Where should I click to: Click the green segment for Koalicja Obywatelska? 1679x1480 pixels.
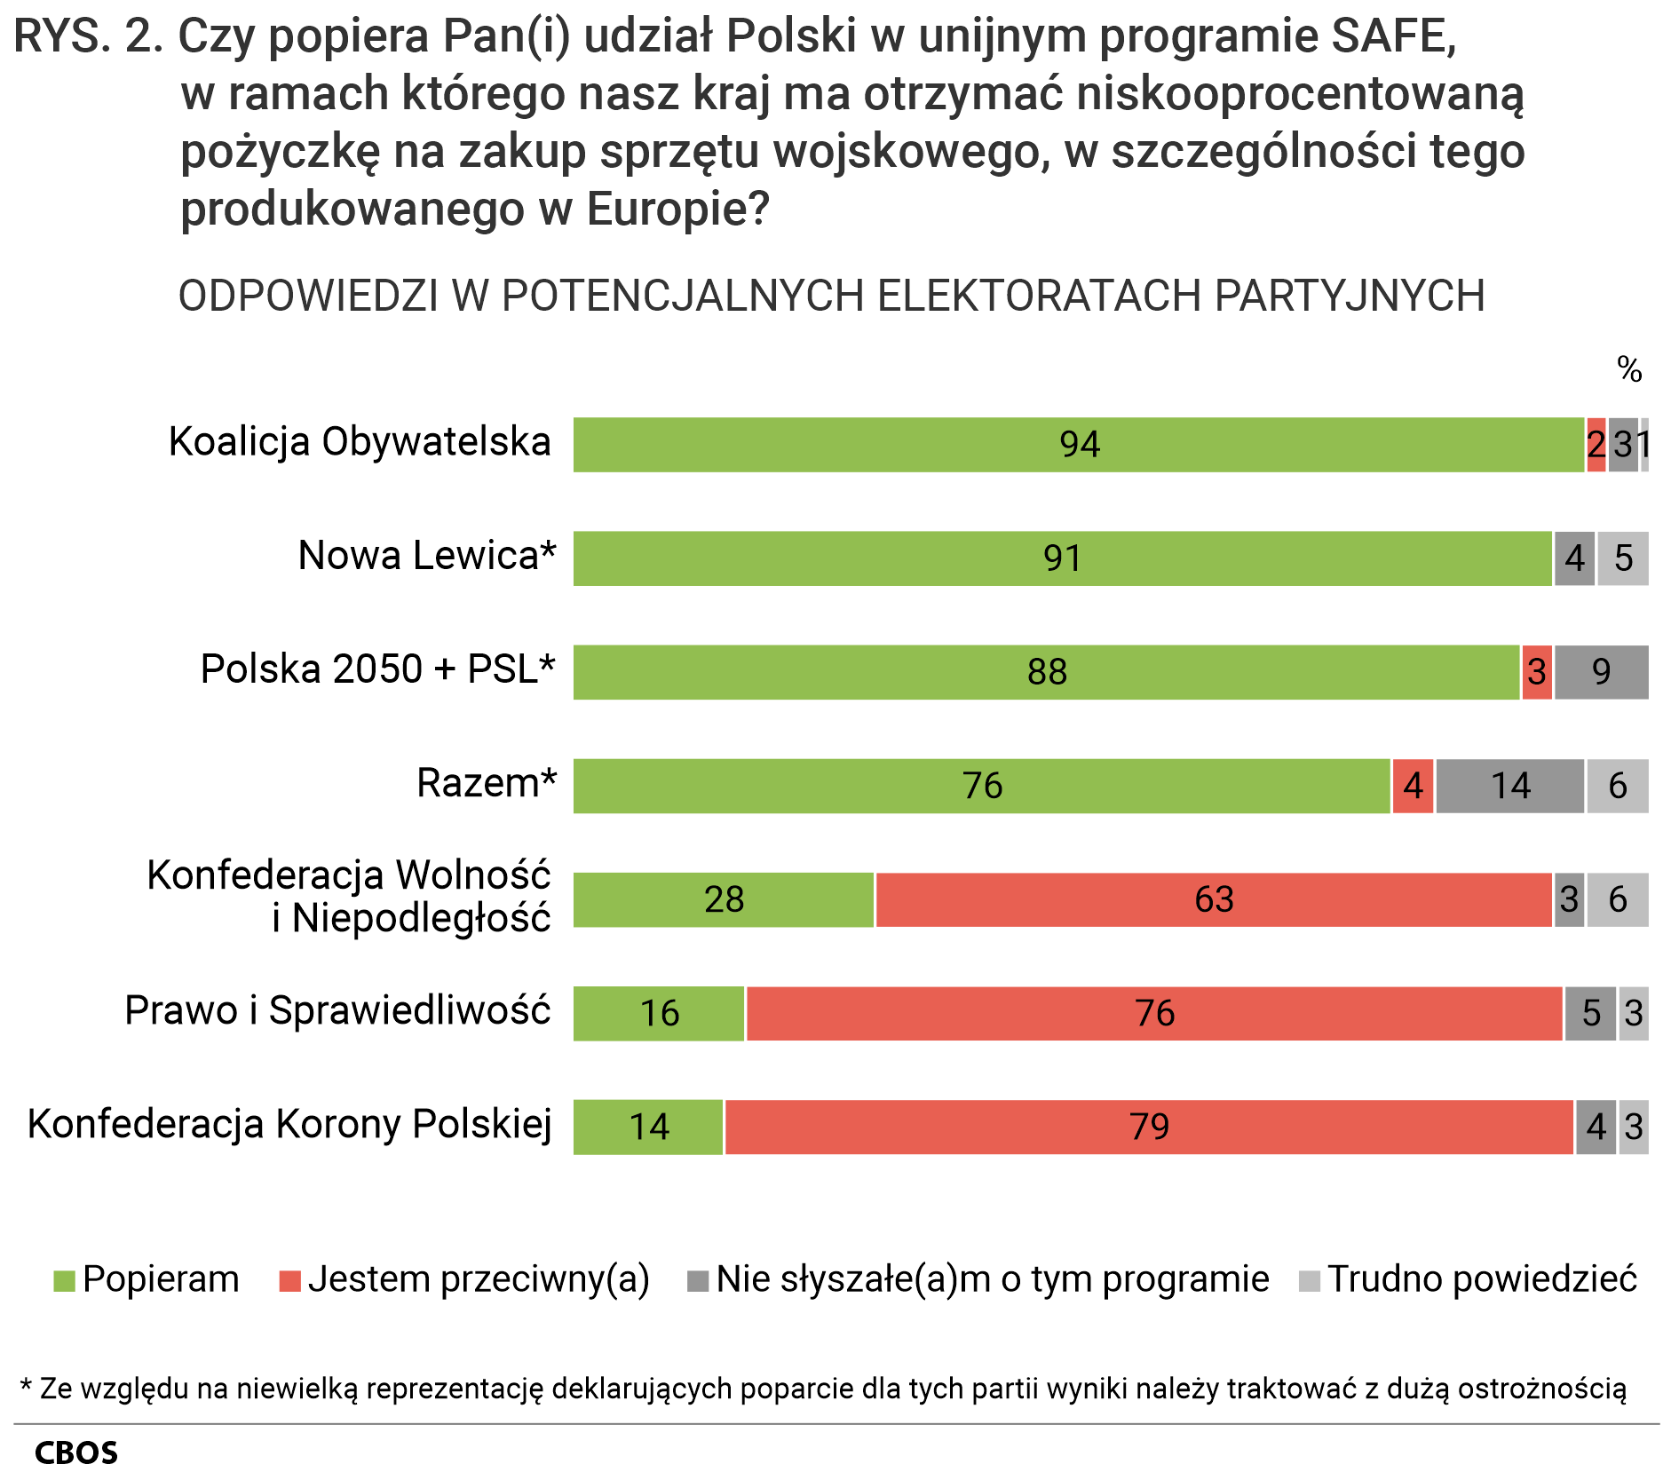1078,444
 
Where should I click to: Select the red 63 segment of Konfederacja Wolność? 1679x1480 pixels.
1213,899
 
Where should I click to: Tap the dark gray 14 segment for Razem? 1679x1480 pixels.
1509,786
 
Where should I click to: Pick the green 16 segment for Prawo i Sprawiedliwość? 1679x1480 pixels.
659,1013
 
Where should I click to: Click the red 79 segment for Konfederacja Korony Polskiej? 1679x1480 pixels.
1149,1127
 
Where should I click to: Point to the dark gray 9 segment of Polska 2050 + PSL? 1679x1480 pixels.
1601,672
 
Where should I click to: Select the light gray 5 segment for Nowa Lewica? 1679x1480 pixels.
1622,558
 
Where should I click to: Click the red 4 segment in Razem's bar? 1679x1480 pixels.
1413,786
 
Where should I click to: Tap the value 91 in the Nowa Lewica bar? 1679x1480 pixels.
1062,558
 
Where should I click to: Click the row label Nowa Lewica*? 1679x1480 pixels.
426,556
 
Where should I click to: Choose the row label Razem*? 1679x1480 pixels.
486,783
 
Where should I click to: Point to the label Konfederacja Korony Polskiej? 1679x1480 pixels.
289,1124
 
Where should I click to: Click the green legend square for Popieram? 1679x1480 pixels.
64,1281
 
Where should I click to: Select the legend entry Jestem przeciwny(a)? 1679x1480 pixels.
478,1279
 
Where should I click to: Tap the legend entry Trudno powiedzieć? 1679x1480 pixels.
1481,1279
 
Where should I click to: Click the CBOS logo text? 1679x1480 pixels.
76,1452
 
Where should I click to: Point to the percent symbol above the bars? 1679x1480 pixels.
1628,368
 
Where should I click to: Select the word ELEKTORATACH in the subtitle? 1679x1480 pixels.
1039,296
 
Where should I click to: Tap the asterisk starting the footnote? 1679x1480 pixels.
26,1387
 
